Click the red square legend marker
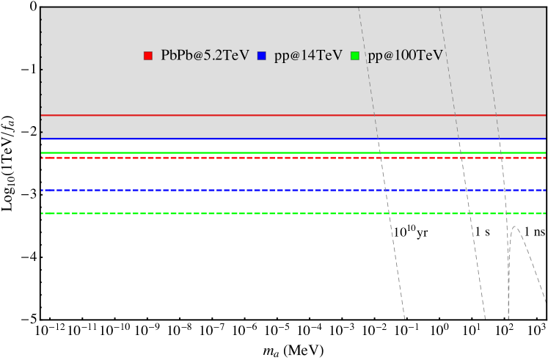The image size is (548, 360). point(147,56)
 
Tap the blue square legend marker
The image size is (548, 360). point(261,56)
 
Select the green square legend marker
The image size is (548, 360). point(355,56)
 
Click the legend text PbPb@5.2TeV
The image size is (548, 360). point(205,56)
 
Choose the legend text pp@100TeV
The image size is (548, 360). point(405,56)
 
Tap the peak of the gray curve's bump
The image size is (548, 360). point(515,227)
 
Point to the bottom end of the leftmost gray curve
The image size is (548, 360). point(404,319)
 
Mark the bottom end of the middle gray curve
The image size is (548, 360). point(485,319)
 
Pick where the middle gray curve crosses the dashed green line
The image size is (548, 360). point(467,213)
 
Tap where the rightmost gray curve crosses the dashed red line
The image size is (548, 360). point(501,158)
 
